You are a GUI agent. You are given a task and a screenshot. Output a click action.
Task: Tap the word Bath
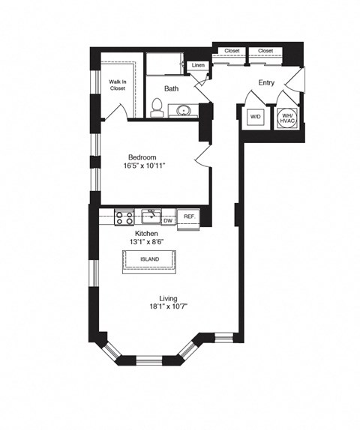[172, 88]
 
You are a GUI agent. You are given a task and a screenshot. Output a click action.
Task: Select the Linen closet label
[197, 66]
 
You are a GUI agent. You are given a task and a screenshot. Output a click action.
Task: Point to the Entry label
[266, 83]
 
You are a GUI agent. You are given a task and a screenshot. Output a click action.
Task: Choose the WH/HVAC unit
[287, 118]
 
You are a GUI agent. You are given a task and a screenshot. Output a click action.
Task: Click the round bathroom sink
[184, 112]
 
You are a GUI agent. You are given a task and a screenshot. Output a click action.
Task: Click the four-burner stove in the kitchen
[124, 218]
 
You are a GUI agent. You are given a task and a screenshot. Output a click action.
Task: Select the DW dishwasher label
[168, 220]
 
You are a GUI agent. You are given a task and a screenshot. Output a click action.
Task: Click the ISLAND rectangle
[150, 260]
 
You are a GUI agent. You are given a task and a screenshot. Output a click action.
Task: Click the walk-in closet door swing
[115, 111]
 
